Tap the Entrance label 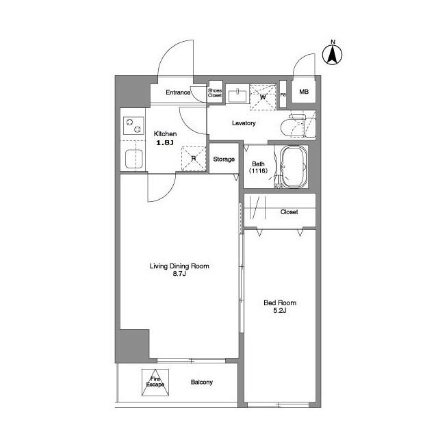(x=177, y=92)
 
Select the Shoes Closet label (x=215, y=93)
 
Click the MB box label (x=303, y=92)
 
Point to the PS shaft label (x=283, y=94)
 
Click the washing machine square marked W (x=263, y=95)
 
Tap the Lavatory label (x=243, y=123)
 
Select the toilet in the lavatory (x=296, y=127)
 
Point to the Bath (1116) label (x=259, y=168)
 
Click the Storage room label (x=224, y=159)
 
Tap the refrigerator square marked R (x=194, y=158)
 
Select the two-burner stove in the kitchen (x=132, y=126)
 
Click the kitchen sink (x=133, y=159)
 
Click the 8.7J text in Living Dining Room (x=179, y=274)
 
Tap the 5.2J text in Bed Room (x=280, y=311)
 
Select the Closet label (x=289, y=212)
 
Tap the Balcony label (x=201, y=383)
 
